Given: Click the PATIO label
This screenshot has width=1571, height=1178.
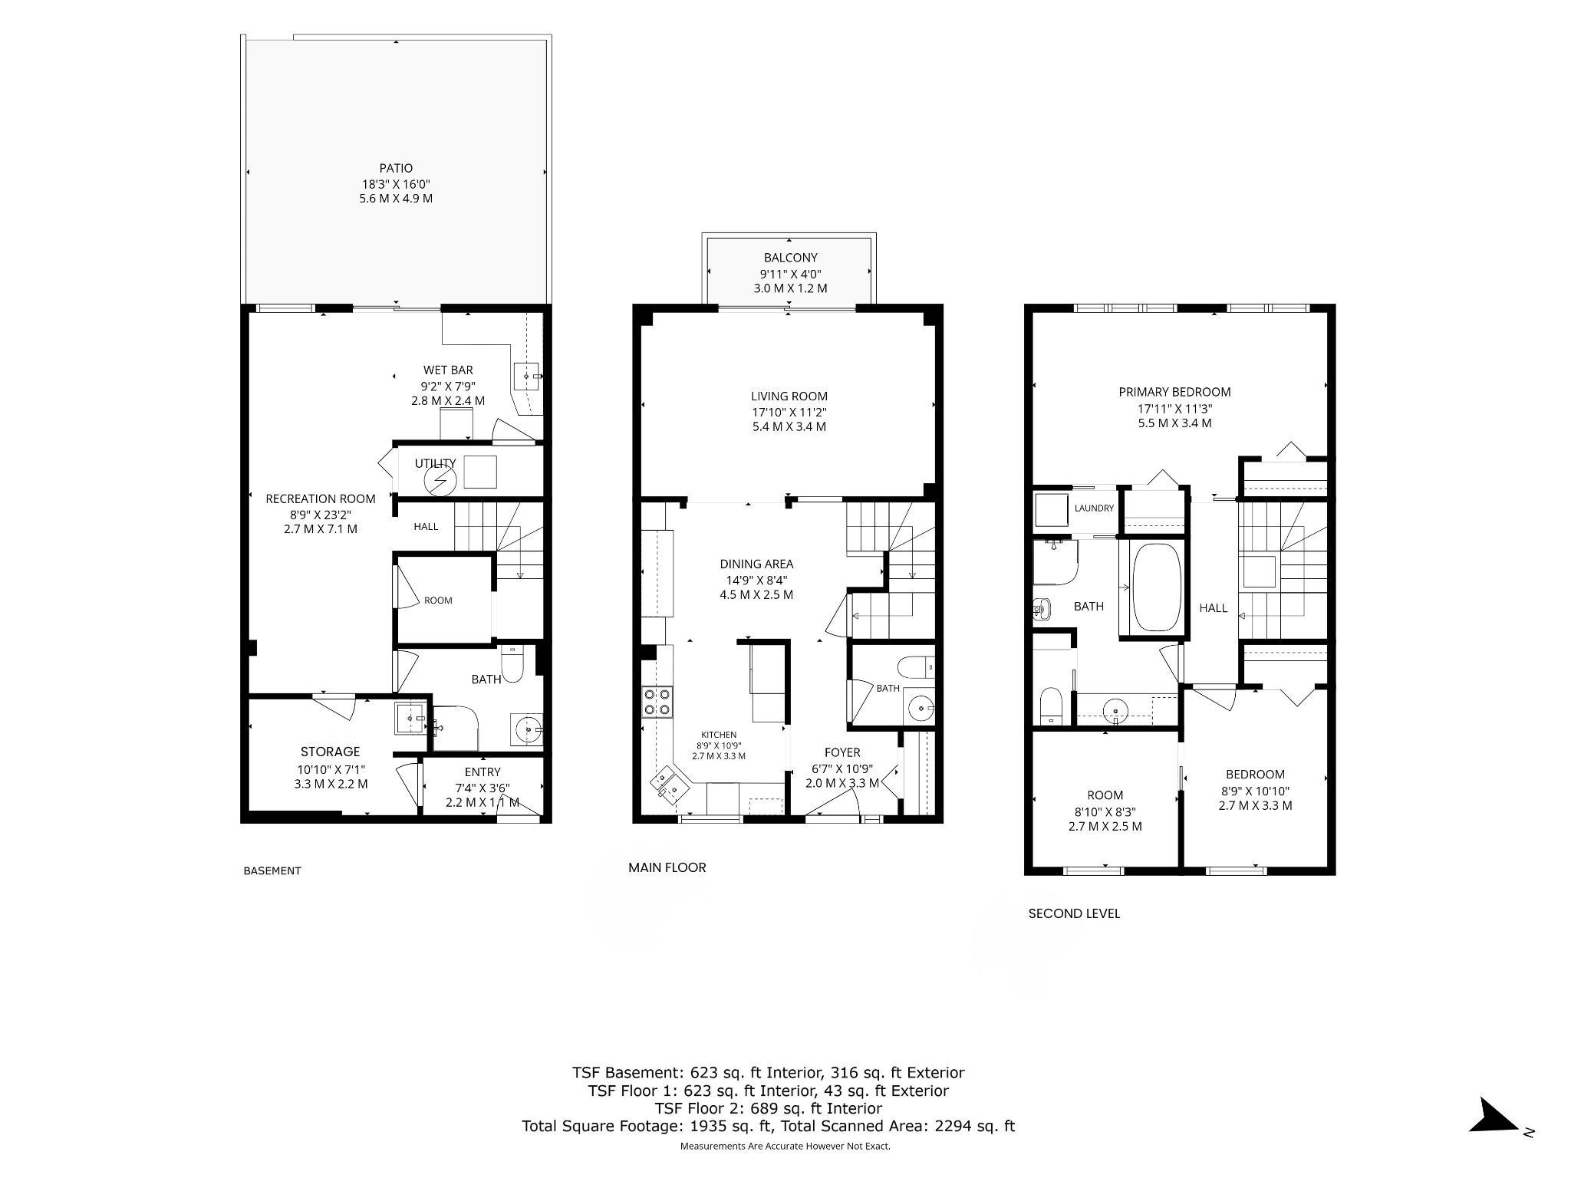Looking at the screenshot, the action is click(396, 168).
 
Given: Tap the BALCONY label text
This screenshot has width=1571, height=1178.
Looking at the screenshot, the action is click(790, 258).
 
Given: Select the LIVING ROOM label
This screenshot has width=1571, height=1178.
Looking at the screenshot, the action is click(789, 397).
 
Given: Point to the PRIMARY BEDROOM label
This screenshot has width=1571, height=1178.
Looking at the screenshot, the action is click(1174, 392).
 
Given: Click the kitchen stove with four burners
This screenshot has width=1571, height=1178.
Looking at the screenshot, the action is click(658, 701).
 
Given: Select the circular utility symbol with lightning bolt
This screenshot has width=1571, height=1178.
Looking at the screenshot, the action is click(440, 481).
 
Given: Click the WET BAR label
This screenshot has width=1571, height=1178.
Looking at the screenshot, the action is click(448, 370).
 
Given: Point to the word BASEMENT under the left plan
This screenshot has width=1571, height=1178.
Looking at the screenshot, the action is click(272, 870).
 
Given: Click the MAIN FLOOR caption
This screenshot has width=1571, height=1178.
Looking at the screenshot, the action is click(667, 867).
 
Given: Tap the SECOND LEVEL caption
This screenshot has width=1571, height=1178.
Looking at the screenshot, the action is click(1074, 913).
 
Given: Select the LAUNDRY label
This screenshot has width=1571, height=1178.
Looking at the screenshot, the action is click(1094, 508).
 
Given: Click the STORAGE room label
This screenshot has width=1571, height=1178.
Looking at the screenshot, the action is click(330, 752).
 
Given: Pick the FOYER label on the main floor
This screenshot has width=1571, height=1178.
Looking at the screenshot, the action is click(842, 752).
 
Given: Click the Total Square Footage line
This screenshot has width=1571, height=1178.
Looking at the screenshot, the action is click(768, 1127).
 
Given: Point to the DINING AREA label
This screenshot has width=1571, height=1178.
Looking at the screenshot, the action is click(756, 564).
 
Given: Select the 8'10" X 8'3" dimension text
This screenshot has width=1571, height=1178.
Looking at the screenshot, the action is click(1105, 811).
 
